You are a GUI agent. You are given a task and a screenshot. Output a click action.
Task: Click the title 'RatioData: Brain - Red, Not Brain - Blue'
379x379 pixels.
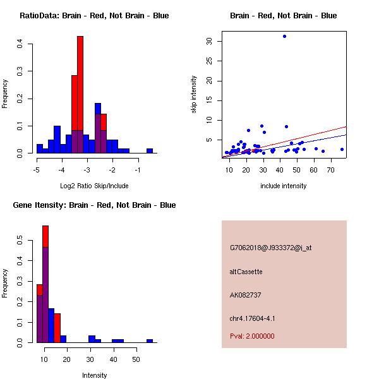click(94, 16)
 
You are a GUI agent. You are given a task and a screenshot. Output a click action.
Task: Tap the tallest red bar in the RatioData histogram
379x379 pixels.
click(80, 95)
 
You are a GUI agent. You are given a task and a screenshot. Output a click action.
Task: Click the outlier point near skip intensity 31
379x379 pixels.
click(284, 36)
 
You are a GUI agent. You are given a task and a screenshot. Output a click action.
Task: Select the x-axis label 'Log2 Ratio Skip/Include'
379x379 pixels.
click(94, 185)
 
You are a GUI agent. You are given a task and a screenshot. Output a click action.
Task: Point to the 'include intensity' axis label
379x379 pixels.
click(283, 185)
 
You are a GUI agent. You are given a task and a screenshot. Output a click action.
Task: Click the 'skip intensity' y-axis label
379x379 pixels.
click(194, 95)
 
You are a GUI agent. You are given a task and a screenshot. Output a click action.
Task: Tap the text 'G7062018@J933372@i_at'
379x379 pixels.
click(270, 248)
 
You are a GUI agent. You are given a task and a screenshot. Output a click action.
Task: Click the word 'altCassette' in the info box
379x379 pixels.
click(246, 272)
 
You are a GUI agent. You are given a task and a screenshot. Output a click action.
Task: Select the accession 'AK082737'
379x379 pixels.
click(246, 295)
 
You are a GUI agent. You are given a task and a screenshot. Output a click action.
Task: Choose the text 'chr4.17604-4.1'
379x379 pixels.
click(252, 318)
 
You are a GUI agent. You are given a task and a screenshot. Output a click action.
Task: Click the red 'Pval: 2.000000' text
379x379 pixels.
click(252, 336)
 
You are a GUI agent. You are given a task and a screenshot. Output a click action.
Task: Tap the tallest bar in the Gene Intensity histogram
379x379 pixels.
click(45, 284)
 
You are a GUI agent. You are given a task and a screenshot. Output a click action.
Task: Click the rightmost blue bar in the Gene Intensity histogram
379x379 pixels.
click(150, 340)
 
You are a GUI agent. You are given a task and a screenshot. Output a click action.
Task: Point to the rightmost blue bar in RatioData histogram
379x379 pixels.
click(150, 150)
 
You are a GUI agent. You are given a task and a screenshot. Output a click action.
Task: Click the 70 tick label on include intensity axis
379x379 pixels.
click(330, 170)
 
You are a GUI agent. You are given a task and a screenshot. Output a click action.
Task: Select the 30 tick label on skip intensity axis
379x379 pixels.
click(209, 41)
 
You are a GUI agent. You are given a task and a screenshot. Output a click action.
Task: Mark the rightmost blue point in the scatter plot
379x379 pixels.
click(342, 149)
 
